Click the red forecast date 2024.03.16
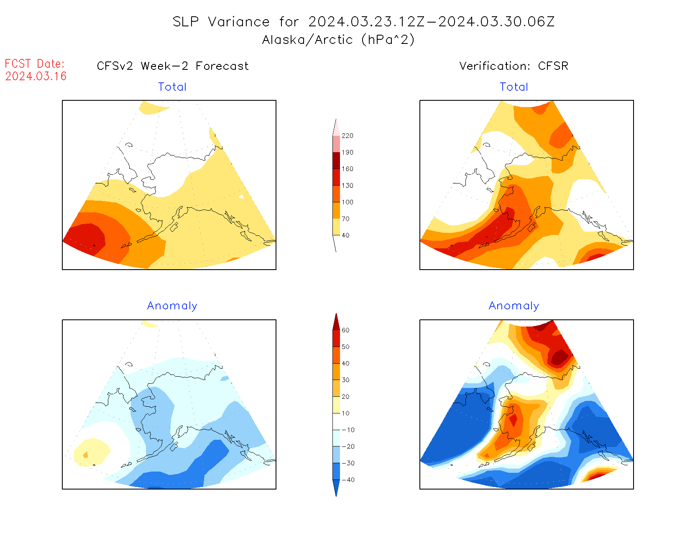[x=36, y=76]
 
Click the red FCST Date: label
[x=35, y=64]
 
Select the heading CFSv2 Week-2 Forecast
[x=173, y=66]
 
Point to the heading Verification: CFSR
[x=514, y=66]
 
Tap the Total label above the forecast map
[x=172, y=87]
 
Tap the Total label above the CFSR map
[x=514, y=87]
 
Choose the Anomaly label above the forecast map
[x=172, y=306]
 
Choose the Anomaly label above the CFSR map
[x=514, y=306]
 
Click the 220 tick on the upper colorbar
[x=347, y=136]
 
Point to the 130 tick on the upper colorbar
[x=347, y=186]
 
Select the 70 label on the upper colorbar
[x=345, y=219]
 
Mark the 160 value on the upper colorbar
[x=347, y=169]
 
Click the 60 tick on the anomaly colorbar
[x=345, y=330]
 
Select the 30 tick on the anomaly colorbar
[x=345, y=380]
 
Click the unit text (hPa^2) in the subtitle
[x=388, y=40]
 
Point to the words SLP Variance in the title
[x=221, y=22]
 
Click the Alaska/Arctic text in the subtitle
[x=307, y=40]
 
